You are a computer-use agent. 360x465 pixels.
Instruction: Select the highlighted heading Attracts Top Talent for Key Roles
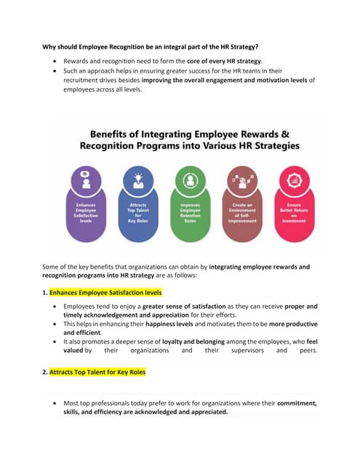(97, 372)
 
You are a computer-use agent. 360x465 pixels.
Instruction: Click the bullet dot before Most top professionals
(56, 403)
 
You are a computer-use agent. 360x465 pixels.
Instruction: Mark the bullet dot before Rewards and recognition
(56, 60)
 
